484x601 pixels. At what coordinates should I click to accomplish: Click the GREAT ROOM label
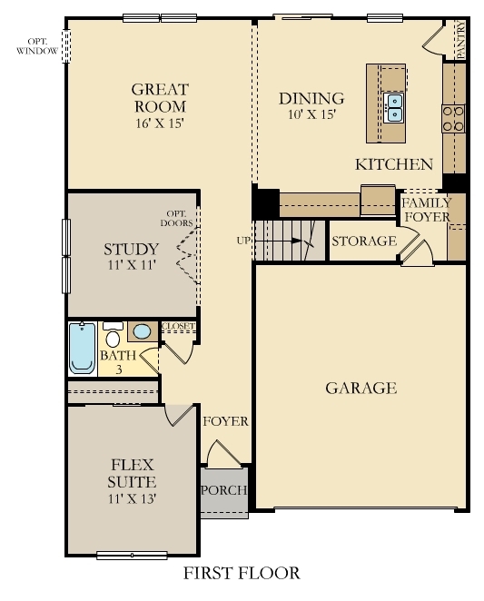pyautogui.click(x=160, y=97)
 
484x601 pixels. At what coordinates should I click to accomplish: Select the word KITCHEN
pyautogui.click(x=393, y=164)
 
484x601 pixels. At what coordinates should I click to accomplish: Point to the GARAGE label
pyautogui.click(x=361, y=389)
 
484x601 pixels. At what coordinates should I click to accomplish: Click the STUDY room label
pyautogui.click(x=131, y=249)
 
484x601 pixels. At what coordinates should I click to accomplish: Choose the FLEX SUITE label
pyautogui.click(x=127, y=472)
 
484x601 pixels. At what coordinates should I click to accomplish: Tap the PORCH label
pyautogui.click(x=223, y=491)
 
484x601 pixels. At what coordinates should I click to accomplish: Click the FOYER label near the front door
pyautogui.click(x=225, y=422)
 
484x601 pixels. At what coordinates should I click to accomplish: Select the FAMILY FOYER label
pyautogui.click(x=426, y=210)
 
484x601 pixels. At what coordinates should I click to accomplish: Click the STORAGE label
pyautogui.click(x=363, y=241)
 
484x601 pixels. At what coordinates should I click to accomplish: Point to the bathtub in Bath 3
pyautogui.click(x=82, y=349)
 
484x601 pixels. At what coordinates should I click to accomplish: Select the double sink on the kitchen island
pyautogui.click(x=394, y=107)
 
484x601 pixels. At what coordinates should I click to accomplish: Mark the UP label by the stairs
pyautogui.click(x=243, y=241)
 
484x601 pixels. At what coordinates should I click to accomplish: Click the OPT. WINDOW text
pyautogui.click(x=37, y=46)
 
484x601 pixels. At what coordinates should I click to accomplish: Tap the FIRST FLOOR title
pyautogui.click(x=242, y=573)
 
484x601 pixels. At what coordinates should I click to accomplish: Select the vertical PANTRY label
pyautogui.click(x=460, y=41)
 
